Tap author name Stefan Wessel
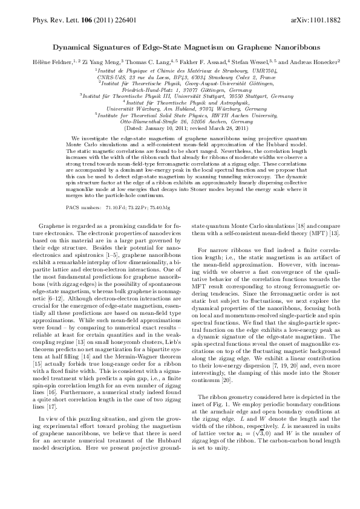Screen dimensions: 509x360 250,62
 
